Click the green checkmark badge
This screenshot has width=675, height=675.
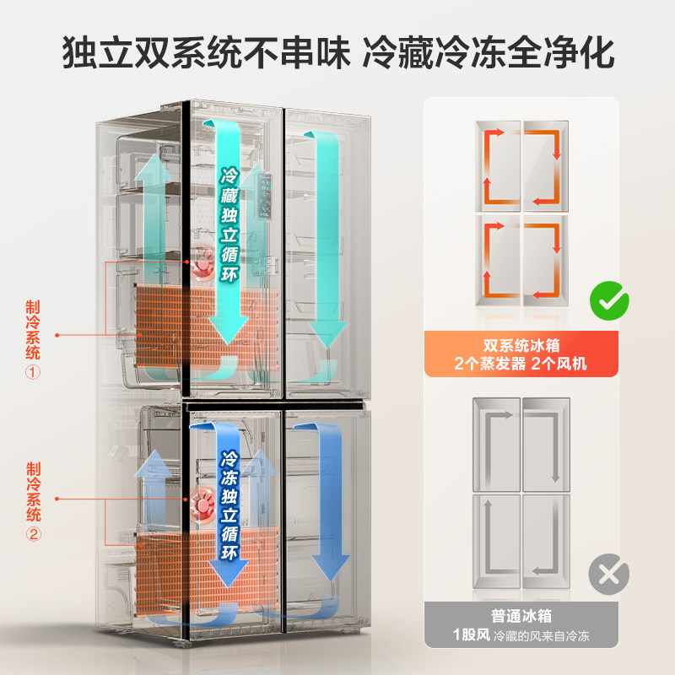(x=607, y=300)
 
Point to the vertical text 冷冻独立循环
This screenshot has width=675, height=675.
(x=229, y=506)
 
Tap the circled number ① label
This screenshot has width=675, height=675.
(x=34, y=371)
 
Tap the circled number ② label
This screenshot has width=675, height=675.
(x=34, y=533)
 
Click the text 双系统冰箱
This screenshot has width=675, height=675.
(x=521, y=346)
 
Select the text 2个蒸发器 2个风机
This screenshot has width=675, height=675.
(x=521, y=364)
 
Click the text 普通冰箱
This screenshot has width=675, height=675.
(x=521, y=617)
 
